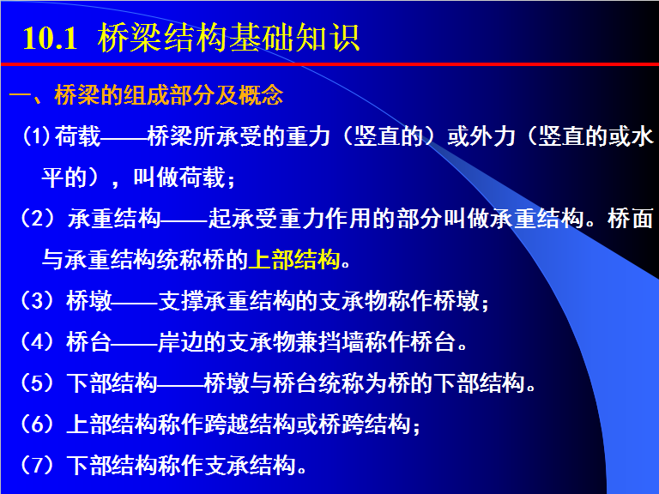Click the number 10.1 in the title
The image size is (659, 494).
point(50,39)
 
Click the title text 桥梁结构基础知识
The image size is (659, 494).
point(228,38)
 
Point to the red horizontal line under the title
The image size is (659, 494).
point(329,64)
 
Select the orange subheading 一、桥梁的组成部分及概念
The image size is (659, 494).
point(146,95)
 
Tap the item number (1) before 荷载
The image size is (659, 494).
point(37,136)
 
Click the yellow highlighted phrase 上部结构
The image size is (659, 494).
point(294,259)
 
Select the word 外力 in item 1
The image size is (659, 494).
point(493,136)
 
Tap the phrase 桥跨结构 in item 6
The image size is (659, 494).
point(365,424)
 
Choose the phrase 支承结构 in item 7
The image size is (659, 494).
point(250,465)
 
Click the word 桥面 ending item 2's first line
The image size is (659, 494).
point(630,219)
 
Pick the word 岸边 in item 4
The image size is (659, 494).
point(181,341)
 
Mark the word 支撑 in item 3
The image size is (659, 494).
point(181,301)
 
